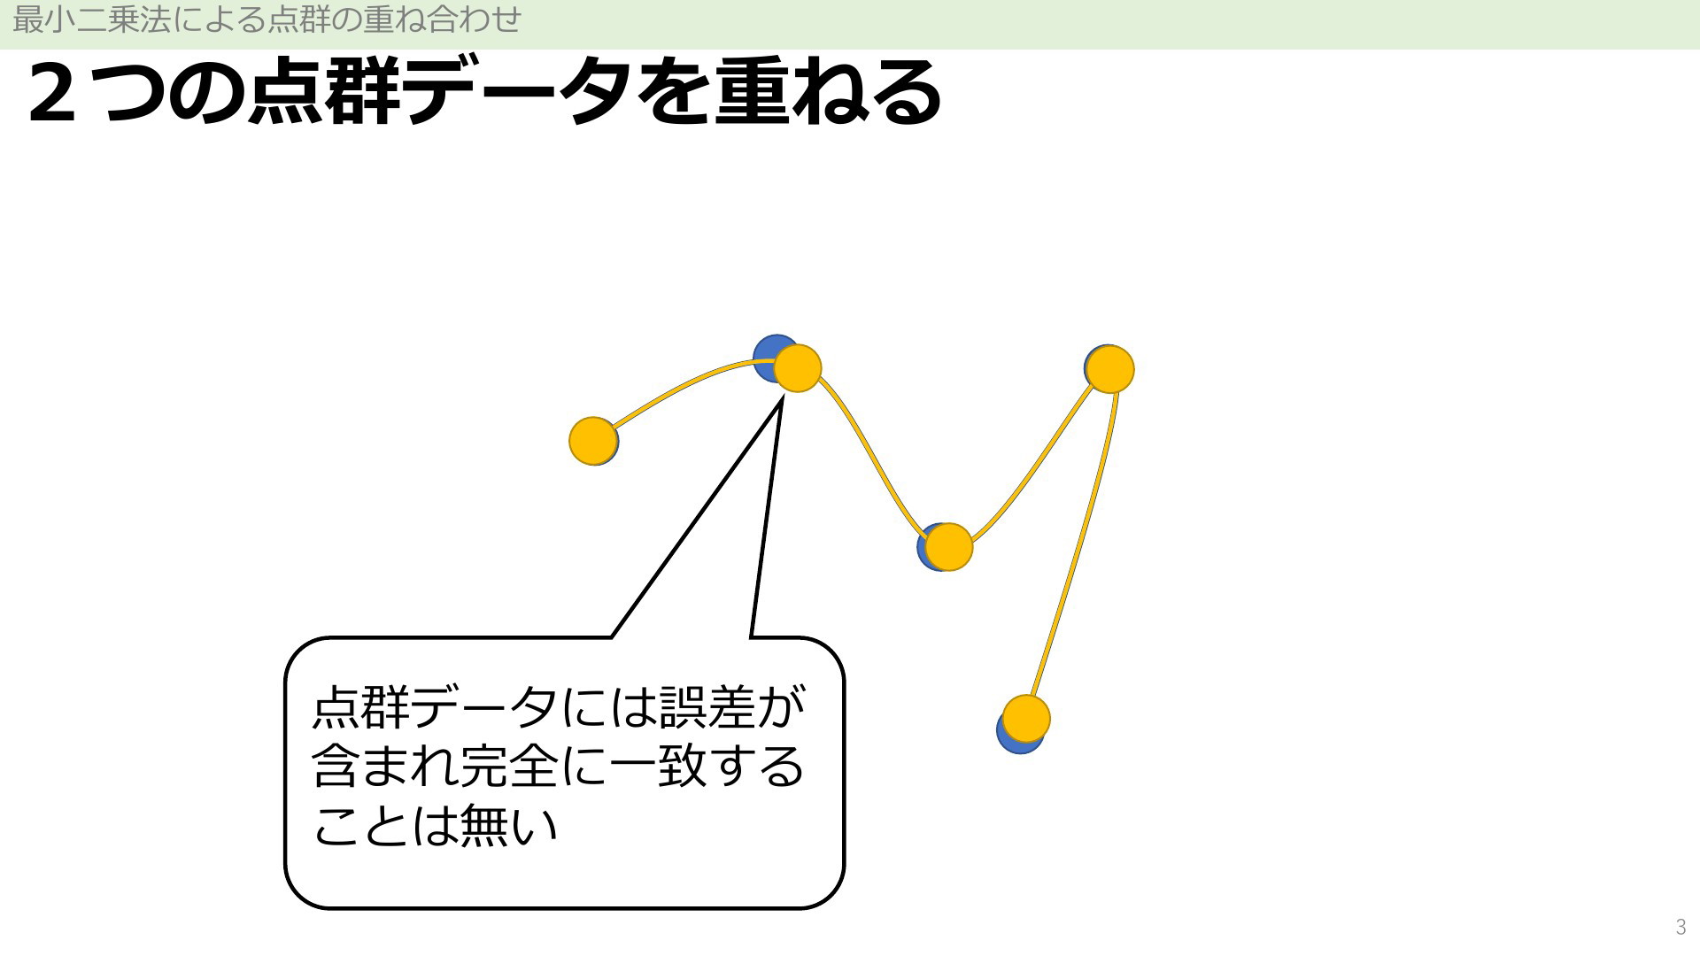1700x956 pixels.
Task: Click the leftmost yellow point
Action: point(592,441)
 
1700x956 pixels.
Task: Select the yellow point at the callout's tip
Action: point(798,368)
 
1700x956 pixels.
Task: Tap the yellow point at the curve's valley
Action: point(948,547)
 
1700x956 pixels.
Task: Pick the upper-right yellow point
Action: point(1109,369)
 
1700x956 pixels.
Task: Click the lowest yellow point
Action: point(1026,719)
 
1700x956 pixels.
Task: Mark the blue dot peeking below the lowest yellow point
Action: point(1014,742)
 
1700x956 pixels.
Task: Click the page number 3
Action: point(1681,928)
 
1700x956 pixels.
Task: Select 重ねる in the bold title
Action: point(828,92)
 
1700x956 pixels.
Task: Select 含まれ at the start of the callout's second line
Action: point(386,766)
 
